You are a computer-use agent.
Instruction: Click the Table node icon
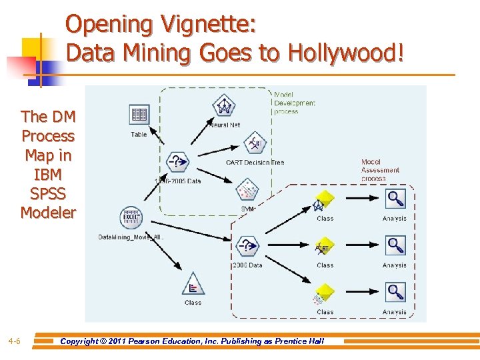point(139,115)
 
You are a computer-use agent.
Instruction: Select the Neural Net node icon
point(223,105)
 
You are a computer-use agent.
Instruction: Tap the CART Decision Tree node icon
point(255,142)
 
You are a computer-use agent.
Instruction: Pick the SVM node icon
point(247,189)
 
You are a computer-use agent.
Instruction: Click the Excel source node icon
point(131,217)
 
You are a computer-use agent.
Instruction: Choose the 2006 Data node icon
point(247,246)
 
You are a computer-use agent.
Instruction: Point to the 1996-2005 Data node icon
point(177,161)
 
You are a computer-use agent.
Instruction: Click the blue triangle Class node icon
point(193,284)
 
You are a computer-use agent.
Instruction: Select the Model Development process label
point(294,103)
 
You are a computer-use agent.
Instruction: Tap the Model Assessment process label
point(380,170)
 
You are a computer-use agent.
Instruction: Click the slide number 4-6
point(14,341)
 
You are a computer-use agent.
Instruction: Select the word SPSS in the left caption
point(48,194)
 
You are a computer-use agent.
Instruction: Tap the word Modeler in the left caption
point(48,213)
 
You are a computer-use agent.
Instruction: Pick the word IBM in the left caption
point(48,175)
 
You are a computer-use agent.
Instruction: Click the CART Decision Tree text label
point(255,162)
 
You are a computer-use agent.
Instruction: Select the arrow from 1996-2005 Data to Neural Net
point(200,136)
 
